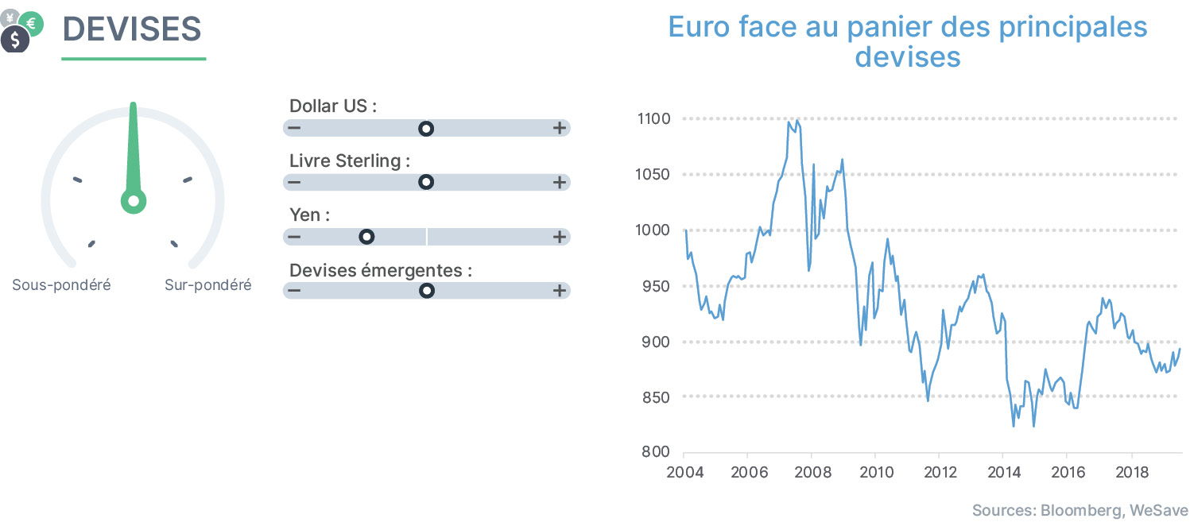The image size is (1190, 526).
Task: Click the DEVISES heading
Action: tap(132, 29)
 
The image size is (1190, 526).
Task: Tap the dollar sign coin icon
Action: tap(15, 39)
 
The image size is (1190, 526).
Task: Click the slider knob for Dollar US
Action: tap(426, 129)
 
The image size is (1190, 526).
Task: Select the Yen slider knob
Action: tap(366, 237)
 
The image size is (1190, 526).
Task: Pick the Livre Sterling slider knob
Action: tap(426, 183)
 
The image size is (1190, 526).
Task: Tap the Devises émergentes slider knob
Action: tap(427, 291)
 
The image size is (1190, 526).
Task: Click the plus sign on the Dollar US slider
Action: tap(559, 128)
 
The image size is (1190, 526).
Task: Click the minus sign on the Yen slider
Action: tap(294, 237)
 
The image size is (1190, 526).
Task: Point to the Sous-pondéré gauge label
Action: tap(62, 285)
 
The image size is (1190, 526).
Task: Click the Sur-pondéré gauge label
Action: tap(207, 285)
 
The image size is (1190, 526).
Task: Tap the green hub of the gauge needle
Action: tap(134, 201)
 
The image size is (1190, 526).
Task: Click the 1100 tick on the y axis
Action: tap(653, 119)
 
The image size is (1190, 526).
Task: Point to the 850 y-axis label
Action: tap(656, 397)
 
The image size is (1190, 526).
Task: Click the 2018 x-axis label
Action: tap(1131, 472)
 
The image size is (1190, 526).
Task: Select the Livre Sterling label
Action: tap(350, 161)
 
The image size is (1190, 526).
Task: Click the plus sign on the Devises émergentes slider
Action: tap(559, 290)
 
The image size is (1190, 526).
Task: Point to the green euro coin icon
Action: tap(32, 23)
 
